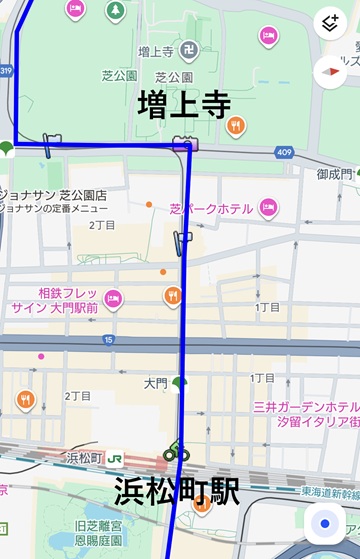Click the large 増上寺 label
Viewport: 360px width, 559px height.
coord(184,105)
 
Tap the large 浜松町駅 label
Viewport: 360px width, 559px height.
coord(176,491)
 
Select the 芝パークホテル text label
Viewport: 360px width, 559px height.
coord(211,209)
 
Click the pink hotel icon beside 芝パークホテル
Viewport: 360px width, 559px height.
coord(268,208)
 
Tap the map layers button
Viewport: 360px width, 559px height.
coord(329,24)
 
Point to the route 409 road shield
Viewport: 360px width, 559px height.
coord(285,152)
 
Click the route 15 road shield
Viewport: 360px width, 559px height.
coord(107,340)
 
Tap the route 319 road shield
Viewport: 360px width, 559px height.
coord(6,71)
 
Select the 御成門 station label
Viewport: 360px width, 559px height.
coord(334,174)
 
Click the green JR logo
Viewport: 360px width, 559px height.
coord(115,458)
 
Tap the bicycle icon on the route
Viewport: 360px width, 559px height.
coord(176,452)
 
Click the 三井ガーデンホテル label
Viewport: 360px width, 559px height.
coord(306,407)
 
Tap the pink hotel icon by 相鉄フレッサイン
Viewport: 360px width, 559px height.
coord(112,297)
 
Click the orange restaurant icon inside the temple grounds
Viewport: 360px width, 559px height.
coord(235,126)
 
